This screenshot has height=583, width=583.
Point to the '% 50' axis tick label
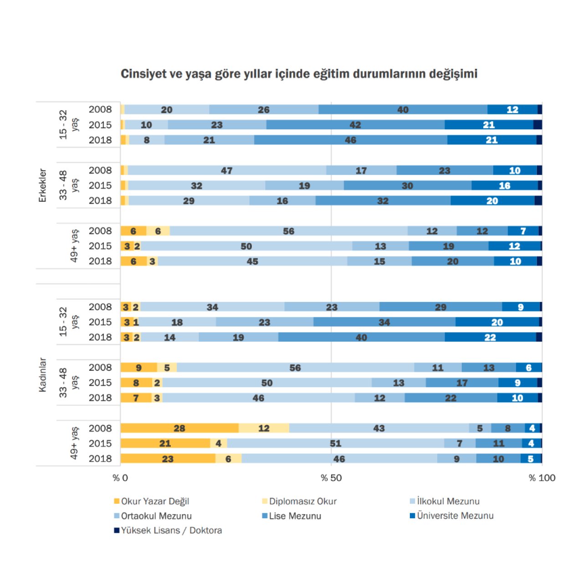click(x=331, y=478)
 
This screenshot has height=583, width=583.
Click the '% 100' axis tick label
click(x=542, y=478)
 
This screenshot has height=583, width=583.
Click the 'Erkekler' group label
click(x=42, y=185)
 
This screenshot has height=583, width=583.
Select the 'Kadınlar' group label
click(x=42, y=375)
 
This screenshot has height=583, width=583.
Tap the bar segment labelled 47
click(x=227, y=170)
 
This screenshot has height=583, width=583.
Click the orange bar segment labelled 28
click(x=179, y=428)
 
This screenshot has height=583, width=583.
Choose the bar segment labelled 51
click(x=336, y=443)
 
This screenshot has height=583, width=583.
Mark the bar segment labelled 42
click(x=355, y=125)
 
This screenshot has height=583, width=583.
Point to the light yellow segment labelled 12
click(x=264, y=428)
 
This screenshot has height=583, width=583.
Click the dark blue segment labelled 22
click(x=490, y=337)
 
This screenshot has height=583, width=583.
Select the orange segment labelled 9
click(x=138, y=368)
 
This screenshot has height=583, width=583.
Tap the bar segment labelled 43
click(x=379, y=428)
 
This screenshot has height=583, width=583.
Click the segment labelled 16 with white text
click(x=504, y=185)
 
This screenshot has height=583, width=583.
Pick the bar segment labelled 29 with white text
click(x=440, y=307)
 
